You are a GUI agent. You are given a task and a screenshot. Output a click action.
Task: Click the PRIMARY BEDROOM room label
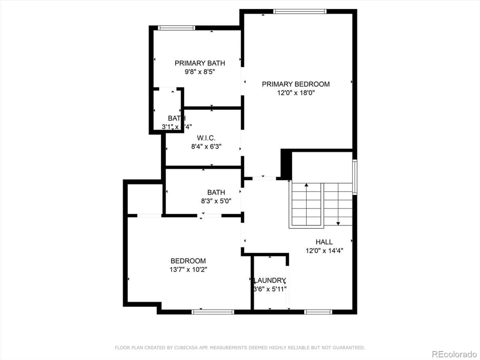[x=296, y=84]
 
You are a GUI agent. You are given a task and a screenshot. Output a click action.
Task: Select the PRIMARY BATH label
[x=200, y=63]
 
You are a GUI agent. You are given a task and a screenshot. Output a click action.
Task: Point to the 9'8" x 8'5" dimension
[x=200, y=72]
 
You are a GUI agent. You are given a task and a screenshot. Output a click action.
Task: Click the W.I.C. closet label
[x=206, y=138]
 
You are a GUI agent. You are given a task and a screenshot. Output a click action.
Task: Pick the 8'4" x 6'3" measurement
[x=206, y=146]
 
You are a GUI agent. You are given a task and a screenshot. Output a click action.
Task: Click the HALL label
[x=324, y=242]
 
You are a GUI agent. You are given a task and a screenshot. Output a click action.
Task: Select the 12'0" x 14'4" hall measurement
[x=324, y=251]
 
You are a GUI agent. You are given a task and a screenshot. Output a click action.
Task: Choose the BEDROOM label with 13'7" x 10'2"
[x=188, y=261]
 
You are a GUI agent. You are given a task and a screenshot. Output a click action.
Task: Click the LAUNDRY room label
[x=270, y=280]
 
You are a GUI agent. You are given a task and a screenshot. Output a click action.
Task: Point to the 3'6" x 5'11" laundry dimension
[x=270, y=289]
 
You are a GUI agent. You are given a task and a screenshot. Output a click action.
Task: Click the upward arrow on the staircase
[x=306, y=186]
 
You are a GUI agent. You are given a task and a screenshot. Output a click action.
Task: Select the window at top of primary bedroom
[x=300, y=12]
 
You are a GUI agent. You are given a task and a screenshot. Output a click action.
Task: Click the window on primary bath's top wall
[x=176, y=28]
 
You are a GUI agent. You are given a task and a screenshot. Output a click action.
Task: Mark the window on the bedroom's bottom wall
[x=212, y=312]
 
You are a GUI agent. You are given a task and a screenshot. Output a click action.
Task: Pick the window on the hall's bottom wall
[x=318, y=312]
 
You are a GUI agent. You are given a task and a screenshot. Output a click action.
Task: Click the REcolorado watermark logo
[x=453, y=354]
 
